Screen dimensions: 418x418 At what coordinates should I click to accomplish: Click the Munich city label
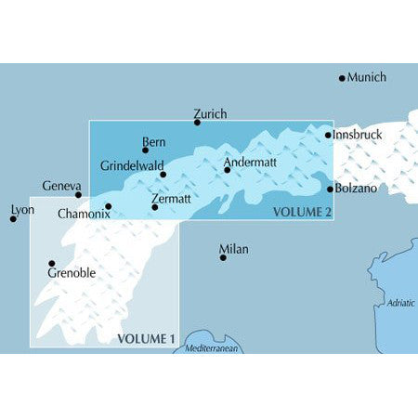click(366, 77)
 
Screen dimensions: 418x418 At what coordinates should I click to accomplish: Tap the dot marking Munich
click(342, 78)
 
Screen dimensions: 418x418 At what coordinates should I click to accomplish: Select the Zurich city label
click(211, 113)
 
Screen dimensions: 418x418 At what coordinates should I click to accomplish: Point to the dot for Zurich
click(197, 122)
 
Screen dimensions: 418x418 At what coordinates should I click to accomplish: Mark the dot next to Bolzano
click(330, 189)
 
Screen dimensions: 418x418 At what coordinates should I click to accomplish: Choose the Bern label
click(154, 141)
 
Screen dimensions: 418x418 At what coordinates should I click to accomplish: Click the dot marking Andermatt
click(227, 170)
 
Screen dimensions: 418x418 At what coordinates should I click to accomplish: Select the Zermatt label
click(170, 198)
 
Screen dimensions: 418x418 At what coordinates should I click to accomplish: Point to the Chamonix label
click(84, 214)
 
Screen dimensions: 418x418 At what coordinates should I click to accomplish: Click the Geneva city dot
click(78, 195)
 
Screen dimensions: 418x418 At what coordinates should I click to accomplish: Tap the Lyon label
click(21, 210)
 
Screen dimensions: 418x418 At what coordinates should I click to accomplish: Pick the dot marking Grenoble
click(52, 263)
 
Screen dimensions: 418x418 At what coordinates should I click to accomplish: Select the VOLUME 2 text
click(302, 212)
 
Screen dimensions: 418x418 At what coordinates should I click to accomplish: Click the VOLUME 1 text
click(146, 339)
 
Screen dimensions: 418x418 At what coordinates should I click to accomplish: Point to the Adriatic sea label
click(401, 303)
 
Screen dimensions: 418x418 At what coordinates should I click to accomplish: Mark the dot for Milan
click(223, 257)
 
